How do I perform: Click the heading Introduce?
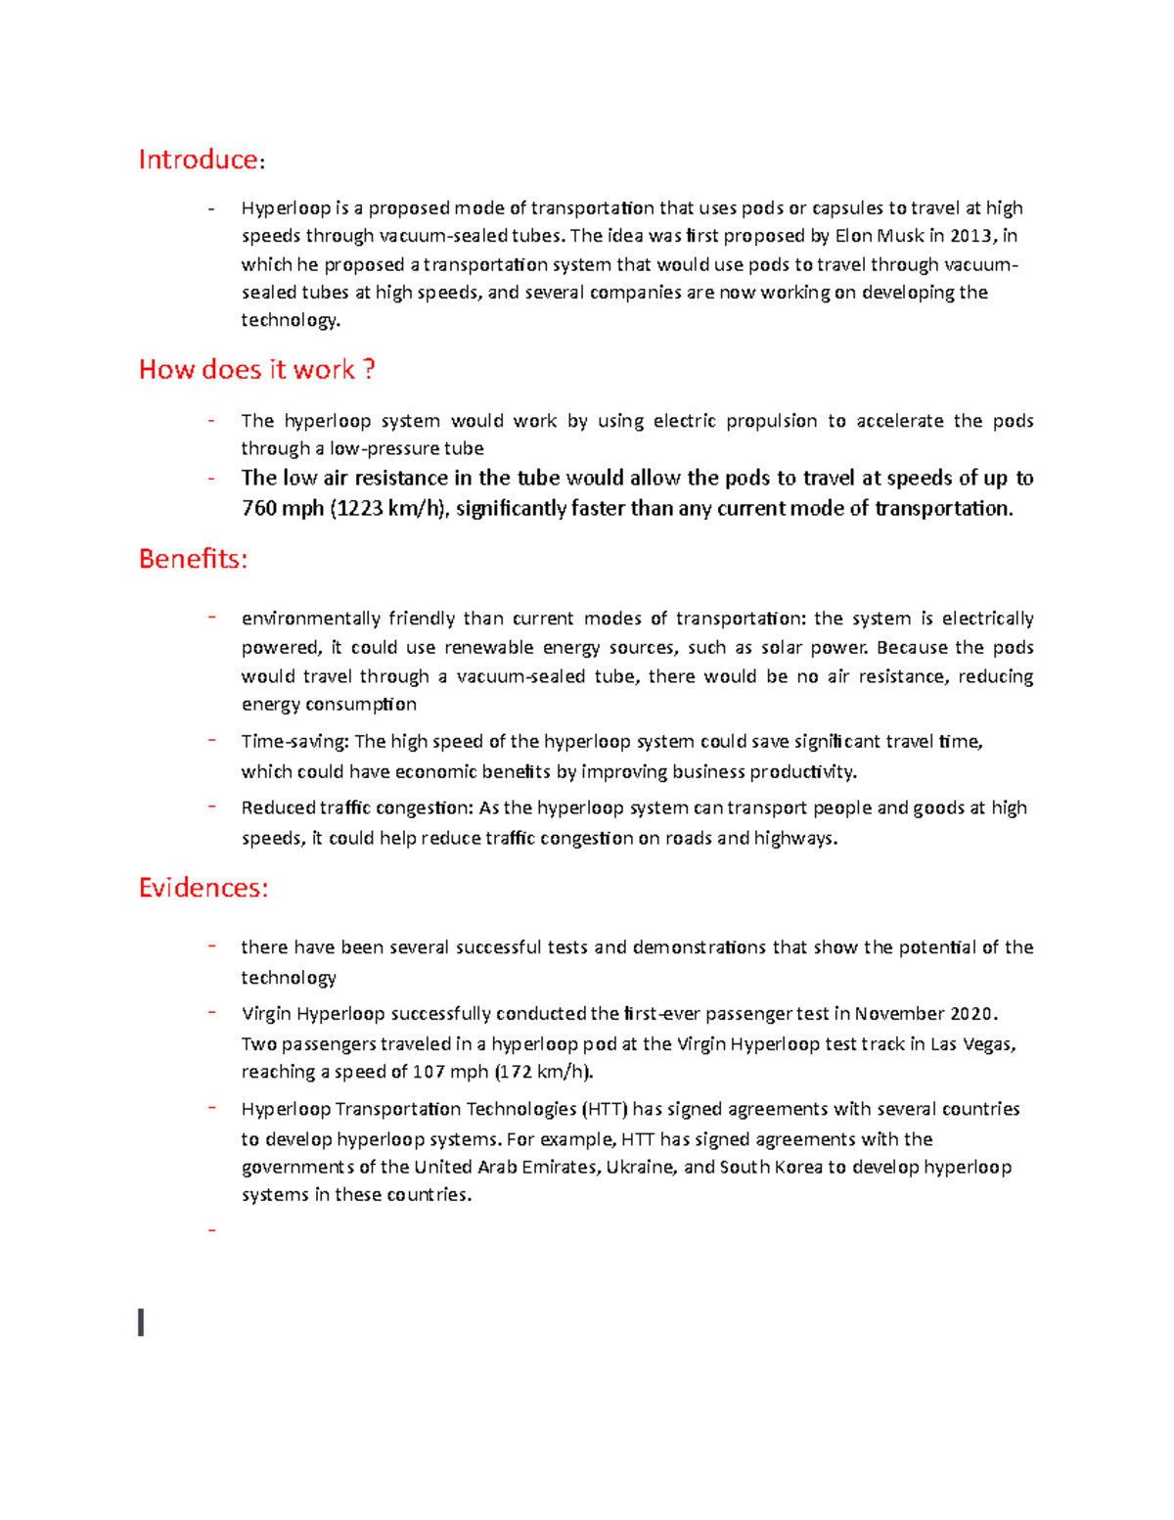tap(199, 160)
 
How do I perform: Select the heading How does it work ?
tap(256, 370)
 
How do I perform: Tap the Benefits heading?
tap(193, 559)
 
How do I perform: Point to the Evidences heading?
tap(203, 888)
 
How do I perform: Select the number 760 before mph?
tap(259, 509)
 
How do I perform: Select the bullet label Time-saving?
tap(294, 742)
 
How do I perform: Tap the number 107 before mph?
tap(429, 1072)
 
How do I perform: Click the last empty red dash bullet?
tap(211, 1229)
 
